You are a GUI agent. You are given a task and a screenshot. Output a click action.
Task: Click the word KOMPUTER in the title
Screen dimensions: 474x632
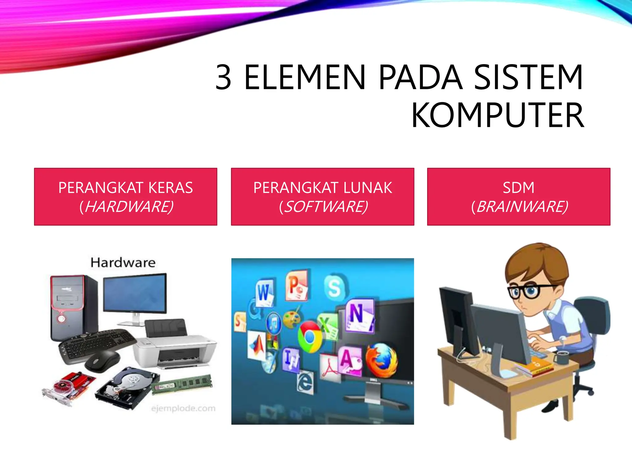[x=497, y=115]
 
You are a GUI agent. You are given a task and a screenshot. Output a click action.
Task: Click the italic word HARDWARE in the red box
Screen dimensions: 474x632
[x=129, y=207]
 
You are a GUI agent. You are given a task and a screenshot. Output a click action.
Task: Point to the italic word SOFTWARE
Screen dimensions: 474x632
[x=326, y=207]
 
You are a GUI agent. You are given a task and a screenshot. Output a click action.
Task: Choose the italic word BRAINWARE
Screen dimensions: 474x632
[x=522, y=207]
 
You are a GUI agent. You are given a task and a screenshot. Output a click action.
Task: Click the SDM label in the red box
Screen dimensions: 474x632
[x=518, y=188]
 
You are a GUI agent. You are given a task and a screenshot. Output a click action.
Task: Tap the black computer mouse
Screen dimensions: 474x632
[x=102, y=360]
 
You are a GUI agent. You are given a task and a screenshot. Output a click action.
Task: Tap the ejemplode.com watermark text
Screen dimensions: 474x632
[x=183, y=409]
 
